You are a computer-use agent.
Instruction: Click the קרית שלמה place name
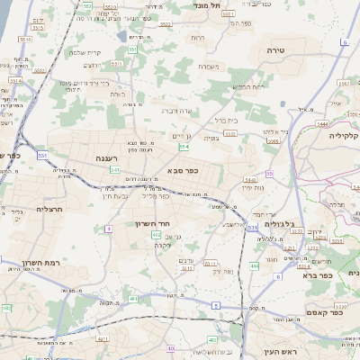point(89,51)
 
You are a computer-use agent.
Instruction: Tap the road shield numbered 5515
point(24,39)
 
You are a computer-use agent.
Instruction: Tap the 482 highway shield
point(7,308)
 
